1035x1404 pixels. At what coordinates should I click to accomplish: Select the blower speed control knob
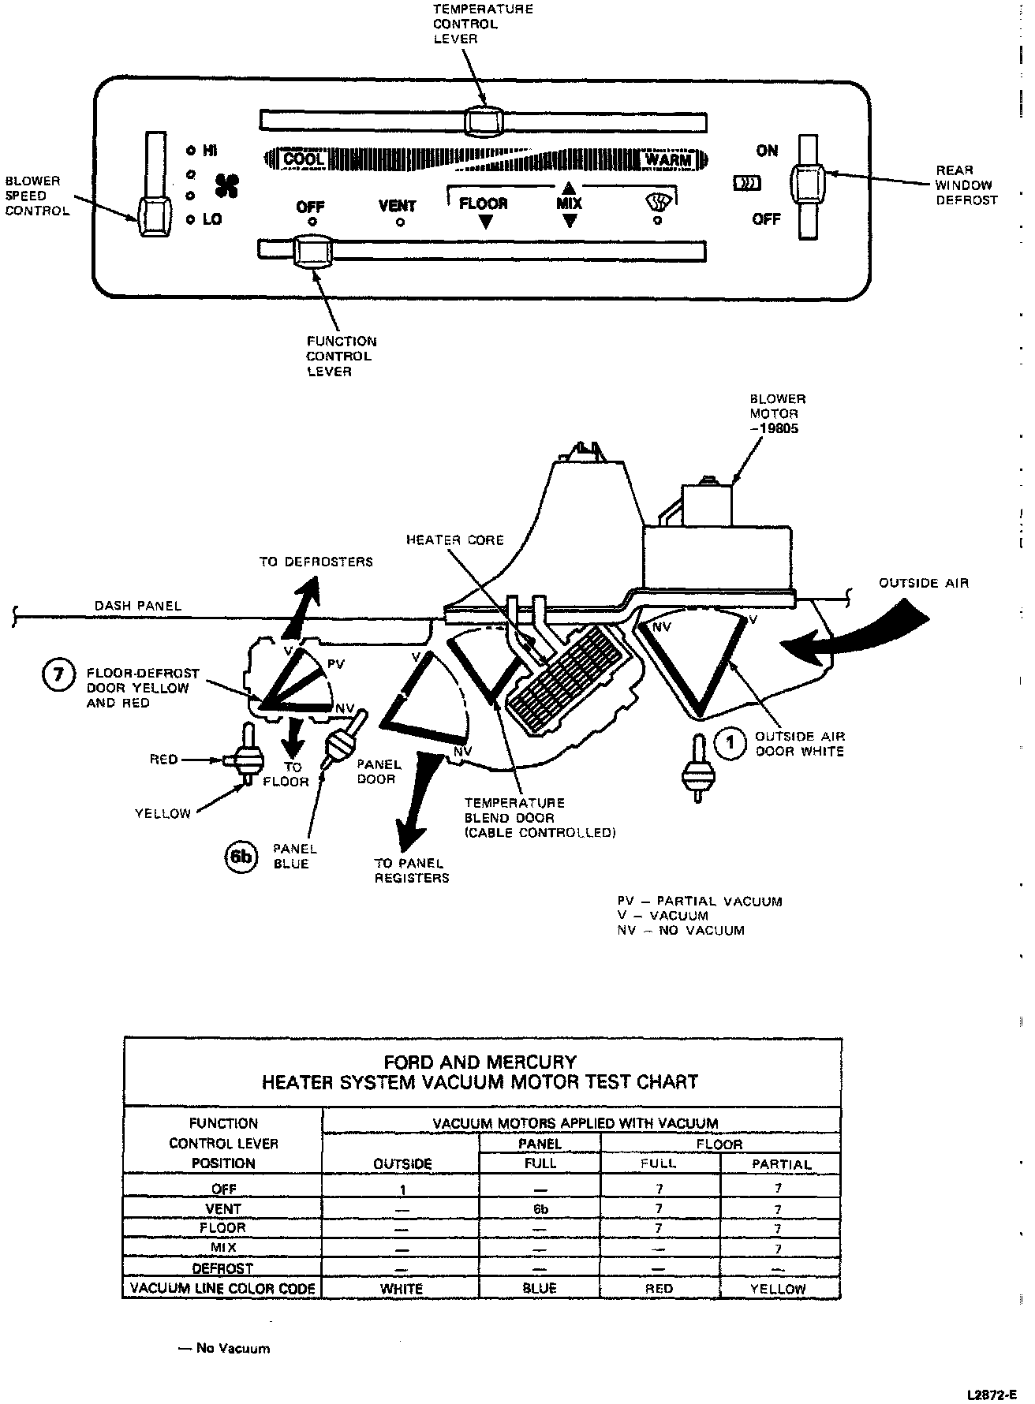154,216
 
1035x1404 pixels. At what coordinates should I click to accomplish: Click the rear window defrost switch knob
806,184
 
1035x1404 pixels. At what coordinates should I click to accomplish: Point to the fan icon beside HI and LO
227,186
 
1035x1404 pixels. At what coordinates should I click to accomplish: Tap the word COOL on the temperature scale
303,159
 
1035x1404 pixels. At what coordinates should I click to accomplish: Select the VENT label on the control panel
397,206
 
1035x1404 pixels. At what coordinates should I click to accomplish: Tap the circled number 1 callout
730,742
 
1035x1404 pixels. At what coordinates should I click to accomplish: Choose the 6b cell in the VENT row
540,1208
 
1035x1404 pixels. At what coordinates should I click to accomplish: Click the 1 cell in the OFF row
402,1189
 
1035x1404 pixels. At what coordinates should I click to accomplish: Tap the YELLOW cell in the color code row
779,1289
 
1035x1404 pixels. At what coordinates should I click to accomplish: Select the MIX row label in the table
223,1248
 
